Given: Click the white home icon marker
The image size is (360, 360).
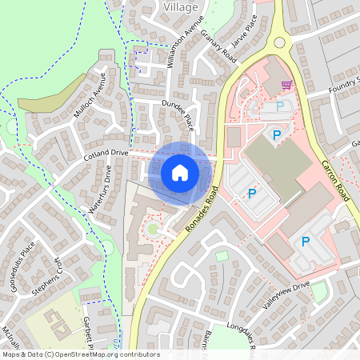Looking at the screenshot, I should [180, 172].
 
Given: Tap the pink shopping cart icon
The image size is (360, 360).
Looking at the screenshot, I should [286, 84].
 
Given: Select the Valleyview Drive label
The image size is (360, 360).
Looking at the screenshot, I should [286, 294].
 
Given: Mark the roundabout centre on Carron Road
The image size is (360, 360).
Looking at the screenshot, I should [280, 42].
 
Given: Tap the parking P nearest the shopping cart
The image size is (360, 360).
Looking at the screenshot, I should [279, 106].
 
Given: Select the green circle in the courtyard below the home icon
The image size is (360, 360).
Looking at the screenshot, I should [152, 230].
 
